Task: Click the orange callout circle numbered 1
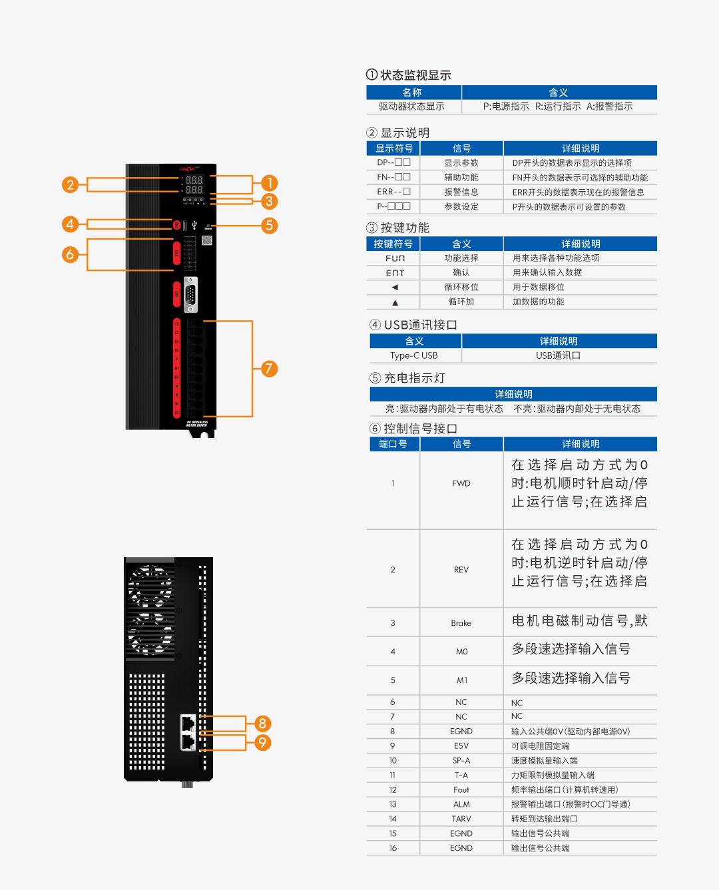(269, 183)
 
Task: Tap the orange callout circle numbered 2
(70, 184)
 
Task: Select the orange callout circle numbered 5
(269, 226)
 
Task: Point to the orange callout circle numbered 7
(269, 369)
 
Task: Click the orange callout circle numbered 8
(262, 724)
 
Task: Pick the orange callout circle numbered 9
(262, 742)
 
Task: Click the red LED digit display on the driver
(194, 184)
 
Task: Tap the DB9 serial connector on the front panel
(191, 294)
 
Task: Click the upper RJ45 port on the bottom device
(188, 723)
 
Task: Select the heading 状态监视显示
(415, 75)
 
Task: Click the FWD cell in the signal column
(461, 483)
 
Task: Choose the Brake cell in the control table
(461, 623)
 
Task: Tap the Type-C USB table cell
(413, 355)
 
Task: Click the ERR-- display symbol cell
(393, 192)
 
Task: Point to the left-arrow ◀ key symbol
(395, 288)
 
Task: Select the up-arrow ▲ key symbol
(395, 302)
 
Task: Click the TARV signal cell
(461, 819)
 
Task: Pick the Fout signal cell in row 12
(461, 789)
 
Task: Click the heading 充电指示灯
(414, 378)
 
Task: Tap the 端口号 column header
(393, 444)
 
